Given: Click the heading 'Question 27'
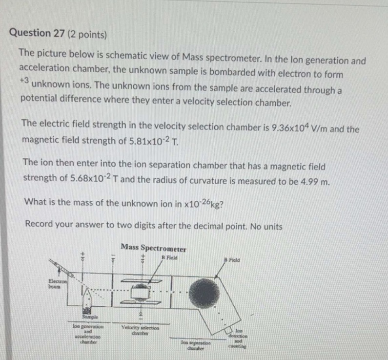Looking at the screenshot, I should pyautogui.click(x=37, y=33).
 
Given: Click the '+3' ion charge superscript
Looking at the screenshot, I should pyautogui.click(x=24, y=80).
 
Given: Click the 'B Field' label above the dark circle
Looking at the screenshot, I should pyautogui.click(x=232, y=259).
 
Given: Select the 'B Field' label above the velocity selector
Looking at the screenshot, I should pyautogui.click(x=168, y=257).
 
